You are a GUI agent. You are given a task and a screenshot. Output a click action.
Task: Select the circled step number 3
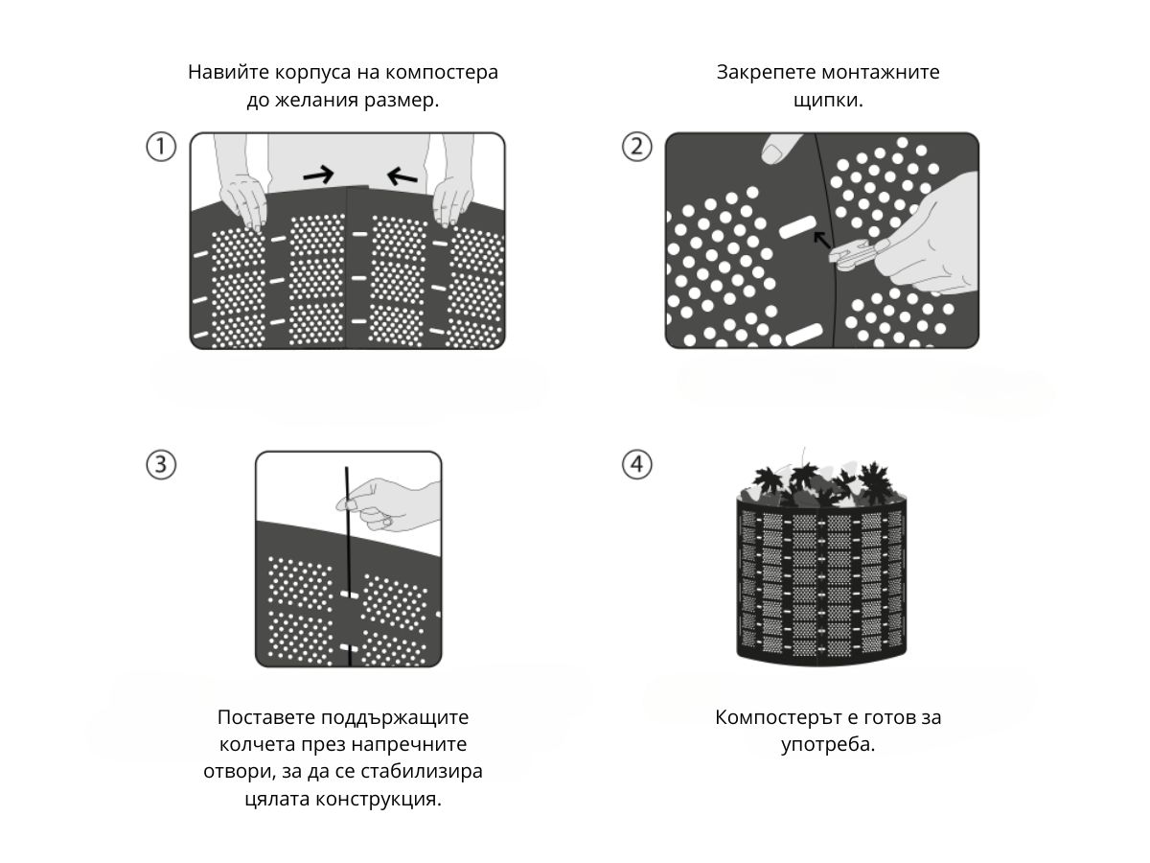coord(161,465)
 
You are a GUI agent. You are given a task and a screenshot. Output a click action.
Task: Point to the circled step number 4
coord(637,465)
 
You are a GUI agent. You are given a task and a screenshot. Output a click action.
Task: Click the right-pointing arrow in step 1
coord(318,174)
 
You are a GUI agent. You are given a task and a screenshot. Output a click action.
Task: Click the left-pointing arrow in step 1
coord(402,176)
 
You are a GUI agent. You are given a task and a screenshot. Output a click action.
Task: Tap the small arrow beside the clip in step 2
coord(821,239)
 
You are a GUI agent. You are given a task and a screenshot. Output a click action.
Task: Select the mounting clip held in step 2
coord(851,255)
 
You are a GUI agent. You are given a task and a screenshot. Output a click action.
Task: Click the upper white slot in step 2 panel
coord(794,228)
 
